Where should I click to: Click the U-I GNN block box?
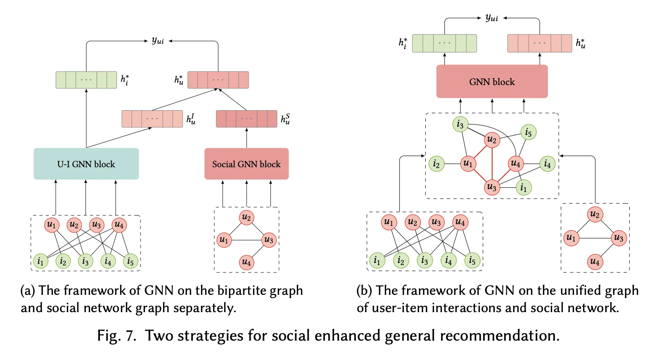click(86, 164)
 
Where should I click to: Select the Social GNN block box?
click(247, 164)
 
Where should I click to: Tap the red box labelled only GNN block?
click(492, 82)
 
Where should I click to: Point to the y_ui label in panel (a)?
click(158, 40)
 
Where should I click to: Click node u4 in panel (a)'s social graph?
click(247, 262)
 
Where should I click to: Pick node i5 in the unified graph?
click(528, 133)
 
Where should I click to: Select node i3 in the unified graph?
click(460, 124)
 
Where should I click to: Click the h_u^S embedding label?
click(285, 119)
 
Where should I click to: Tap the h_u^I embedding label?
click(191, 119)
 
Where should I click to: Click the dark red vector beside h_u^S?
click(247, 119)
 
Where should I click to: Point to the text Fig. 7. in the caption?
click(116, 336)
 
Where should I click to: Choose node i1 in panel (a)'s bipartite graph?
click(40, 261)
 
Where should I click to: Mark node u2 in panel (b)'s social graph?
click(595, 214)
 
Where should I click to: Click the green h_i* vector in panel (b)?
click(444, 43)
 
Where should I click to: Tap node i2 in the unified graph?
click(436, 164)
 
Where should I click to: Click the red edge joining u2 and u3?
click(492, 163)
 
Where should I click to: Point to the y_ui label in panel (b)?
click(492, 17)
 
